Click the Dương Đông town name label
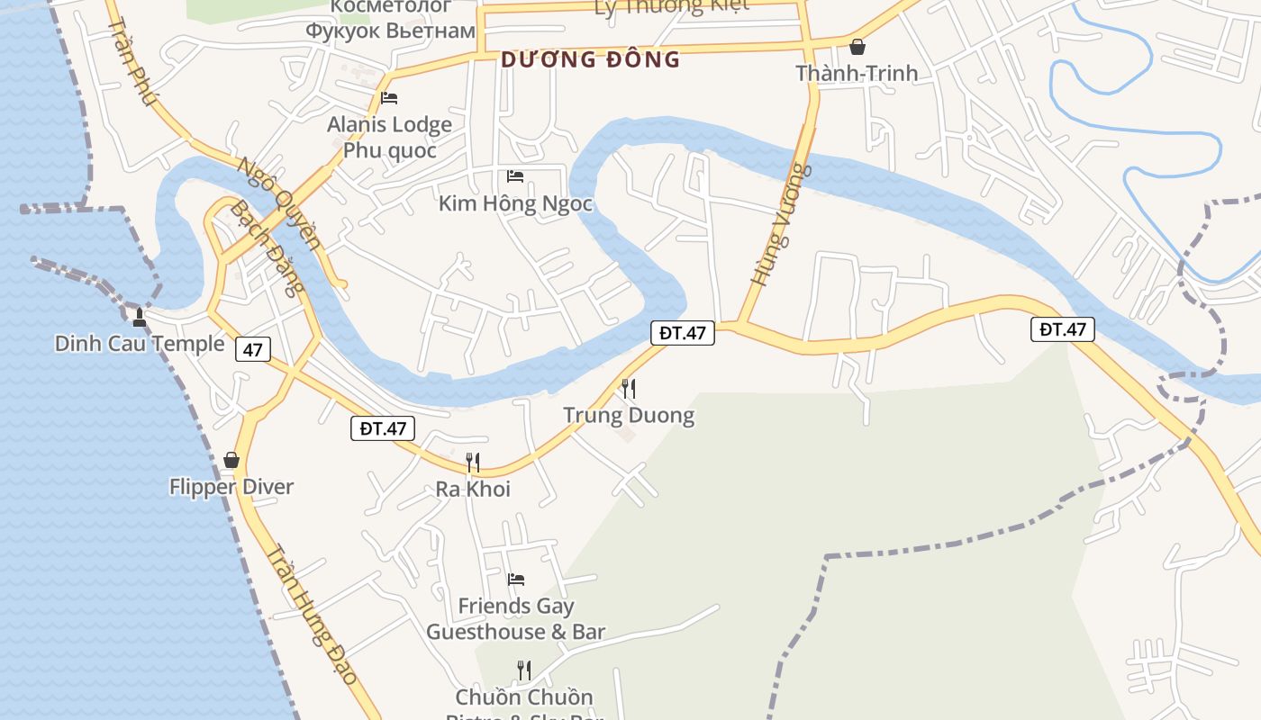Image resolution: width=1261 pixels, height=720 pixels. coord(590,60)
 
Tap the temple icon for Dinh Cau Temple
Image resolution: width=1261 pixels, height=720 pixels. coord(140,317)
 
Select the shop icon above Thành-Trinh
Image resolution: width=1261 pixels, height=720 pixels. coord(857,46)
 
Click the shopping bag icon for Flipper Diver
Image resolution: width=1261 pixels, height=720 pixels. coord(231,460)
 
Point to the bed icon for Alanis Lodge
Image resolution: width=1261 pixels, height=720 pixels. coord(389,98)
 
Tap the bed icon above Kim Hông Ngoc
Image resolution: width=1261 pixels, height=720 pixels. coord(515,175)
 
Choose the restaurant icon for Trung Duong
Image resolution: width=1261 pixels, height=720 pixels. coord(629,389)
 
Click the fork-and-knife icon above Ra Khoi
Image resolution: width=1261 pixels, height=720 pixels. coord(472,463)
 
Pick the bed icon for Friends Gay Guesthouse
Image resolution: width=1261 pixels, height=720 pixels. coord(515,579)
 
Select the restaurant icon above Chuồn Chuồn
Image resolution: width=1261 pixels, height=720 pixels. coord(523,670)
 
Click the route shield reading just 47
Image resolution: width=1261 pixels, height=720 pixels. coord(252,349)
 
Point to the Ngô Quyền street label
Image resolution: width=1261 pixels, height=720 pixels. coord(280,203)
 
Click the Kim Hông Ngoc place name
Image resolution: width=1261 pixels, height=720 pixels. coord(515,203)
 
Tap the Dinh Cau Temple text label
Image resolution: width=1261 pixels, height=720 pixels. coord(140,344)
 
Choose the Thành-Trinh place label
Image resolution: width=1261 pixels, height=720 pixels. coord(857,73)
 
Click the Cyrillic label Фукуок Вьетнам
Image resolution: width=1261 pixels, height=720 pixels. coord(390,31)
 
